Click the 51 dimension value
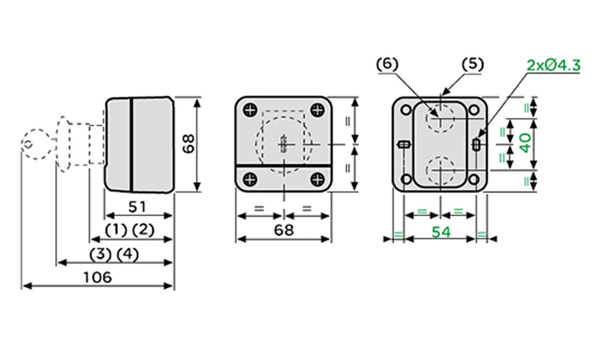click(x=138, y=207)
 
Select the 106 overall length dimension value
click(x=98, y=278)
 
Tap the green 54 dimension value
click(x=441, y=232)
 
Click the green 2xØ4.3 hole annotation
click(x=553, y=65)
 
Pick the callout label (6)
click(x=388, y=64)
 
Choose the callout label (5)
click(x=473, y=64)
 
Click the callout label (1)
click(x=116, y=230)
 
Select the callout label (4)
click(x=128, y=255)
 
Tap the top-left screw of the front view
click(x=251, y=110)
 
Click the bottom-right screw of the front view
click(x=318, y=179)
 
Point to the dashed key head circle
click(x=36, y=144)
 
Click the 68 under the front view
click(x=284, y=230)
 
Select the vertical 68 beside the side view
click(x=189, y=144)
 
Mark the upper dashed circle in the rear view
click(x=440, y=118)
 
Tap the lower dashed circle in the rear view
click(x=440, y=170)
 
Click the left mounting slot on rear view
click(x=404, y=145)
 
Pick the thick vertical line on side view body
click(x=132, y=145)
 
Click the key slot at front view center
click(x=284, y=144)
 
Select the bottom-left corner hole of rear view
click(x=406, y=179)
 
